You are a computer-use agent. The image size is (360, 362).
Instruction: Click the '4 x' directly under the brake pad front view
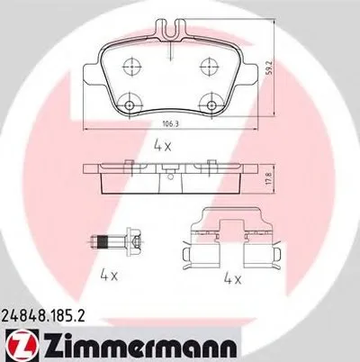click(162, 144)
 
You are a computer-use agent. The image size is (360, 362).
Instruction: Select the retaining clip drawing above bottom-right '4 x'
click(232, 236)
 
